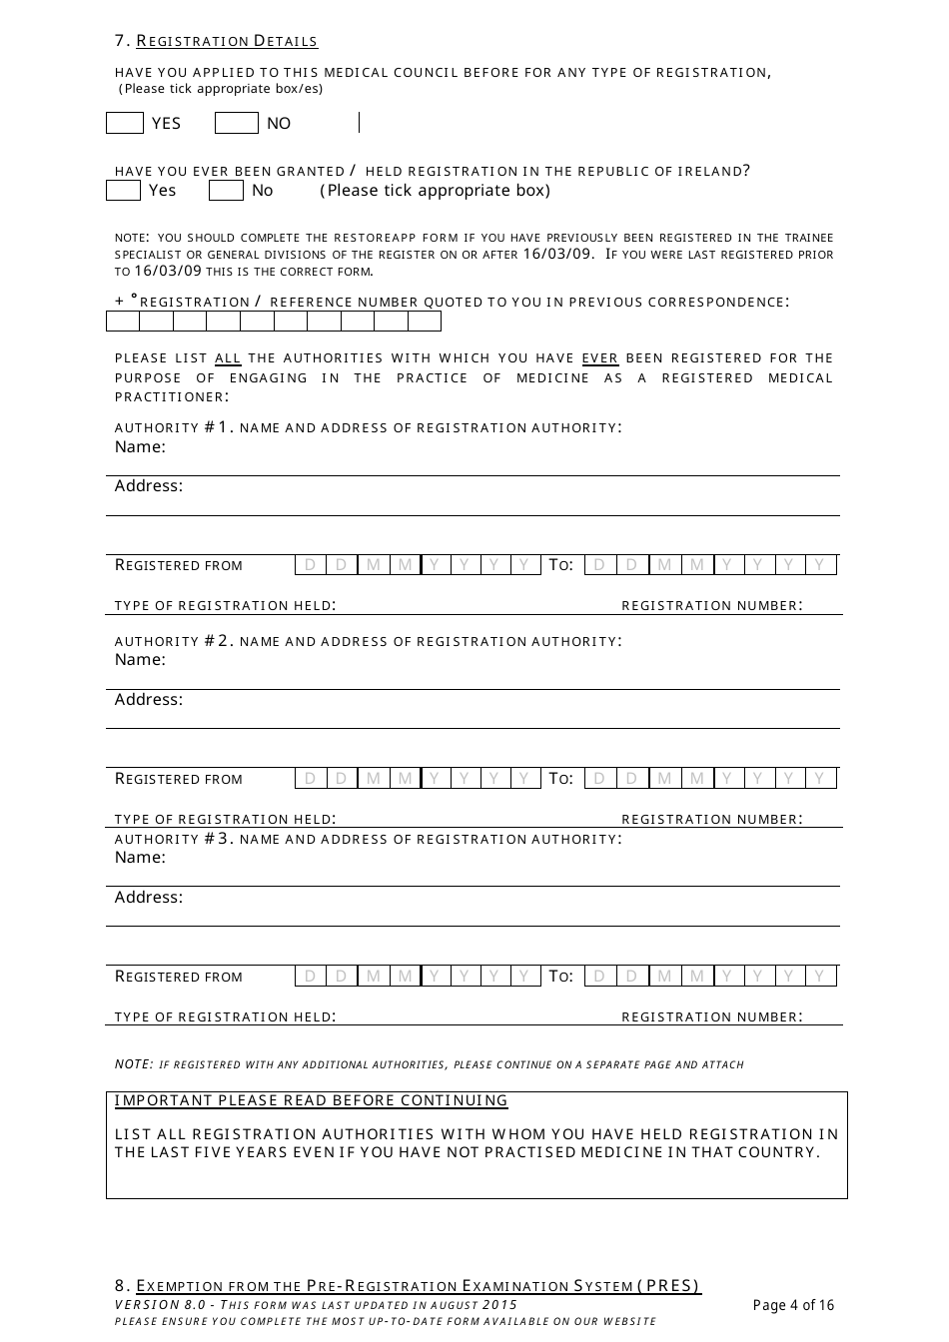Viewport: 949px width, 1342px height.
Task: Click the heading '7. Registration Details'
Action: coord(217,41)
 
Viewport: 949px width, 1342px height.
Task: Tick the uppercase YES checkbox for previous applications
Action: coord(125,123)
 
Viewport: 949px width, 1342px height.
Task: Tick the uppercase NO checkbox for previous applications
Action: coord(237,123)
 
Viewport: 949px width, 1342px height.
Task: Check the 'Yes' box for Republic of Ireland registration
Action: coord(123,190)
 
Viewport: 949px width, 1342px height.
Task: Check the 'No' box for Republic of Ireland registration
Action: coord(226,190)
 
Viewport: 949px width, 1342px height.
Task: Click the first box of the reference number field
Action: coord(123,322)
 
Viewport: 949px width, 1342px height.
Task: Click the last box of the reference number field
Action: coord(425,322)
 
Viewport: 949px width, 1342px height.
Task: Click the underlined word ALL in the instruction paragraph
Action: coord(228,357)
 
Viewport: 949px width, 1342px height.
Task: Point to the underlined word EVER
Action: coord(599,357)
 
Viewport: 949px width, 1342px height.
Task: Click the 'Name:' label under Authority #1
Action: coord(140,446)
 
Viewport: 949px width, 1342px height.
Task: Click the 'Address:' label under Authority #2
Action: coord(149,699)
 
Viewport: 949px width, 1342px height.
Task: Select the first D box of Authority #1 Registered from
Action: coord(310,565)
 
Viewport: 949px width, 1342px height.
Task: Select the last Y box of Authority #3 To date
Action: coord(820,977)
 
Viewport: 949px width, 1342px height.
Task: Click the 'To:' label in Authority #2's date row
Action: coord(560,778)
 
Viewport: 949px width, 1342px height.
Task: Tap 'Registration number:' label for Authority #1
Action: coord(711,605)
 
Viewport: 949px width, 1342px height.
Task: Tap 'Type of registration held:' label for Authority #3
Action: coord(225,1016)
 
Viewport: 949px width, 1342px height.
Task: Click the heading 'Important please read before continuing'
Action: coord(311,1100)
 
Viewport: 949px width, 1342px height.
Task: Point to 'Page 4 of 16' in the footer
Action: coord(793,1305)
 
